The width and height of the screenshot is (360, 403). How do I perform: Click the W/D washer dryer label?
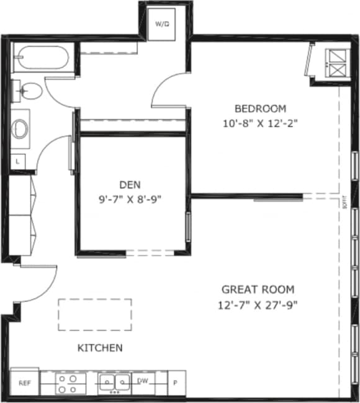[162, 24]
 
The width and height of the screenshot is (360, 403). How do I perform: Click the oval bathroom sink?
[21, 129]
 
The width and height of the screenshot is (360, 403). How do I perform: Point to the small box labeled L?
[17, 161]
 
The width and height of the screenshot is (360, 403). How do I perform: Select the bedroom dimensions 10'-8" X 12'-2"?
[261, 123]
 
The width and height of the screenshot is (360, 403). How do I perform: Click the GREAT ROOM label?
[258, 290]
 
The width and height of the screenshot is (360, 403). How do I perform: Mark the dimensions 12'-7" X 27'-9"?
[258, 304]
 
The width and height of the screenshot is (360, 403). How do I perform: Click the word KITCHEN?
[99, 348]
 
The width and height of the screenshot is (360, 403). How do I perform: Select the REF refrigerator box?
[25, 383]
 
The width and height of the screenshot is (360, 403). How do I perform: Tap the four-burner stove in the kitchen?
[70, 383]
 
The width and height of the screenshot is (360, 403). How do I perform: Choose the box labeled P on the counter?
[175, 383]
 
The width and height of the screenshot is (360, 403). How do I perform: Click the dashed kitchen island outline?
[95, 315]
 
